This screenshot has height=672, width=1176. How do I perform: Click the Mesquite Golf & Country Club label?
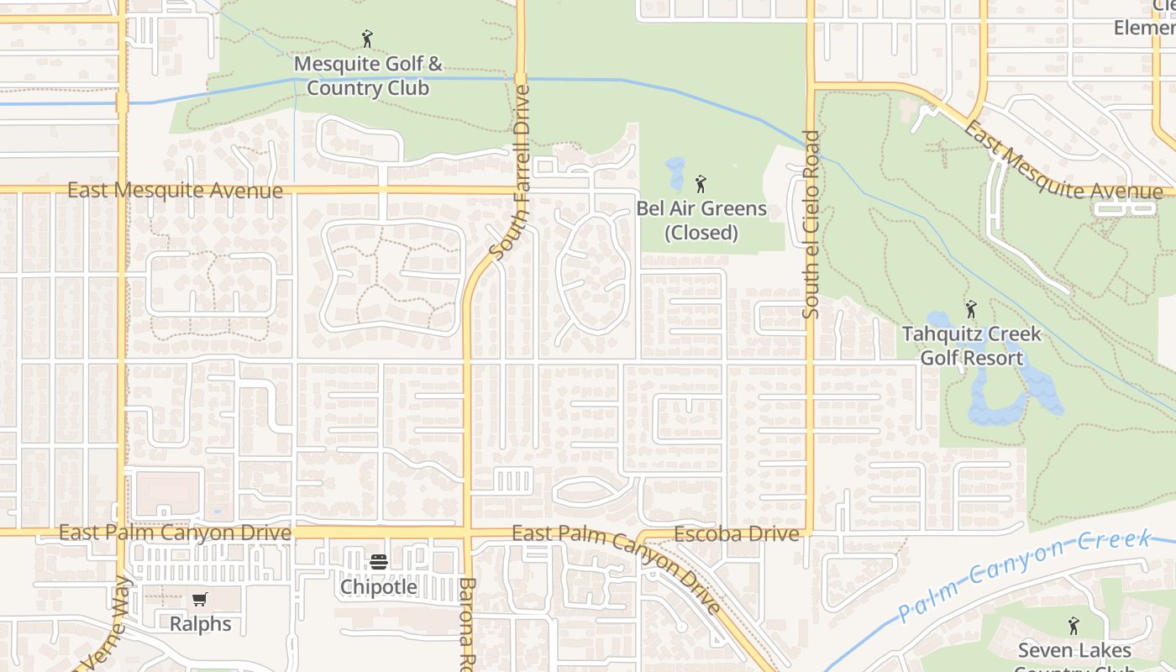click(368, 76)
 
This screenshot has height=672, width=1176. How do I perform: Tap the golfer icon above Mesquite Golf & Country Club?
click(366, 39)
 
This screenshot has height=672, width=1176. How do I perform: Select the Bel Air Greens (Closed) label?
click(701, 221)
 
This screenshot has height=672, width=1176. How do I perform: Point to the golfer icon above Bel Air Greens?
click(701, 183)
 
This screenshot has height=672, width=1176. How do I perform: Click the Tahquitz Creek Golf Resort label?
click(971, 346)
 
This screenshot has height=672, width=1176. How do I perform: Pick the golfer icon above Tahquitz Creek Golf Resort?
click(971, 309)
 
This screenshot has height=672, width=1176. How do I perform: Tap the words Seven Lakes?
click(1074, 651)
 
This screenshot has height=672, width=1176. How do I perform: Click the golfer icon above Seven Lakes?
click(1073, 625)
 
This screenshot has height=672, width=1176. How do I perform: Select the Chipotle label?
click(378, 587)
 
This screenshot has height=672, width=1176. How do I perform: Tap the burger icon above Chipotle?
click(378, 561)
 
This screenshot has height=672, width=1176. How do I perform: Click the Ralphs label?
click(200, 624)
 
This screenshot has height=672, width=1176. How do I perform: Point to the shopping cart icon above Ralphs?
click(199, 599)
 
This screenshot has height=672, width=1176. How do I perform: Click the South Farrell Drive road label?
click(512, 172)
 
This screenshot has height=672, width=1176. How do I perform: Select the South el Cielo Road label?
click(811, 224)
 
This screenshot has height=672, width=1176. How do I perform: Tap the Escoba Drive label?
click(737, 534)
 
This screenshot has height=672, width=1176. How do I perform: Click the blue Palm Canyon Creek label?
click(1023, 575)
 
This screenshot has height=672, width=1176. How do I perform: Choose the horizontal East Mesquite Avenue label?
click(175, 191)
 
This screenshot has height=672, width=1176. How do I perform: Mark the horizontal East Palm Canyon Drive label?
click(175, 533)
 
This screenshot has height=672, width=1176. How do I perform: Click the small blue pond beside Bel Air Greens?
click(675, 173)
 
